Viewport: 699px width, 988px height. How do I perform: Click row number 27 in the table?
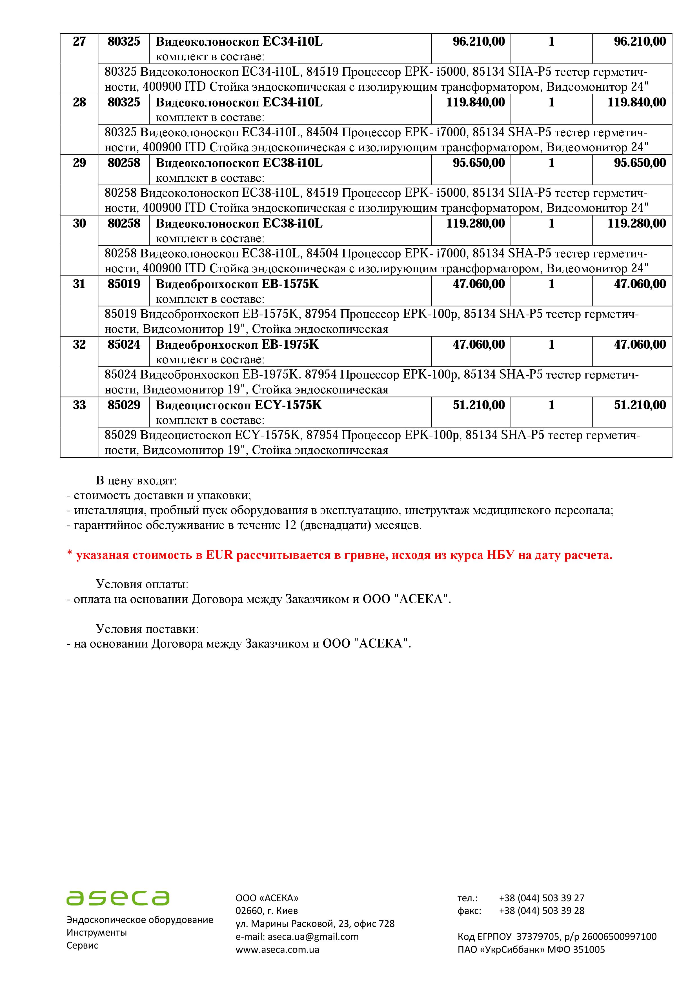pyautogui.click(x=79, y=42)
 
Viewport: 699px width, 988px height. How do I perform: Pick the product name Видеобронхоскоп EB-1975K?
pyautogui.click(x=237, y=345)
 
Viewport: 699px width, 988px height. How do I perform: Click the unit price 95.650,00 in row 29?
pyautogui.click(x=479, y=163)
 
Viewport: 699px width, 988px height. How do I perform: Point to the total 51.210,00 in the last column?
pyautogui.click(x=640, y=405)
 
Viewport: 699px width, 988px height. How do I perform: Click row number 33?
pyautogui.click(x=79, y=405)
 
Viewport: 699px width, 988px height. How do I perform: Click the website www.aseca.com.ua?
pyautogui.click(x=277, y=949)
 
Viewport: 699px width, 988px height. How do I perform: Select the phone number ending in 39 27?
pyautogui.click(x=542, y=898)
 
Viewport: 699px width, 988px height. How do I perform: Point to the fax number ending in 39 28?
pyautogui.click(x=542, y=911)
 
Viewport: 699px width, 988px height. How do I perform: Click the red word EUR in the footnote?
pyautogui.click(x=219, y=555)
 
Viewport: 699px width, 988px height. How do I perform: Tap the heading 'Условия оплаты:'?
pyautogui.click(x=142, y=584)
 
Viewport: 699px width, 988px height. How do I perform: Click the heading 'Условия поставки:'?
pyautogui.click(x=147, y=629)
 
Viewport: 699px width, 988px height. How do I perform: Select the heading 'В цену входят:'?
pyautogui.click(x=136, y=481)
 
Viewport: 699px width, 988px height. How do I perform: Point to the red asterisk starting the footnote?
pyautogui.click(x=69, y=555)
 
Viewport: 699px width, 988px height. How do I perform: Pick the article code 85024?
pyautogui.click(x=124, y=345)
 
